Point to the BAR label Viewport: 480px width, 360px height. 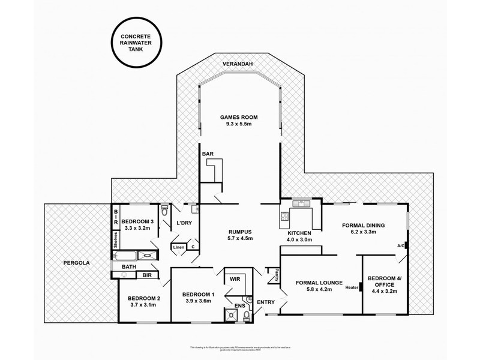pos(208,154)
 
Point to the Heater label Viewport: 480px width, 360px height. pos(352,287)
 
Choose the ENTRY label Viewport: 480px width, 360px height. pos(265,302)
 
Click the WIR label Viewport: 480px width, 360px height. pos(235,279)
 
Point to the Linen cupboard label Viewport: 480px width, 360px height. pos(178,247)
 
